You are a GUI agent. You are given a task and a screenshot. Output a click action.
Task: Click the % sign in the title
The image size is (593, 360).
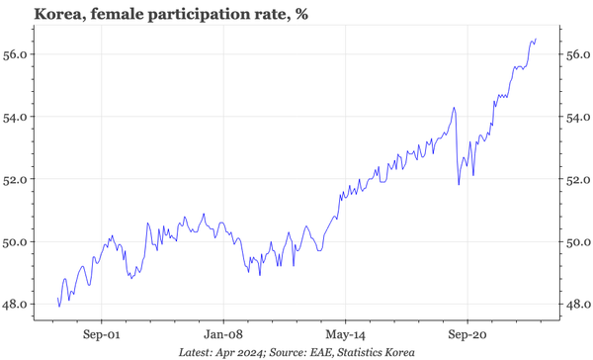point(296,14)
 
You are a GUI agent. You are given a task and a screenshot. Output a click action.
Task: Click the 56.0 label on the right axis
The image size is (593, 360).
point(577,54)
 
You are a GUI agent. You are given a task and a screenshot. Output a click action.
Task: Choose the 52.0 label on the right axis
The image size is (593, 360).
point(577,179)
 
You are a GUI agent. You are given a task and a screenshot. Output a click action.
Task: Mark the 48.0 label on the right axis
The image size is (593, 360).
point(577,304)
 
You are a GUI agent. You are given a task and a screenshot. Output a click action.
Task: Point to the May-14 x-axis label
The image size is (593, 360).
point(345,334)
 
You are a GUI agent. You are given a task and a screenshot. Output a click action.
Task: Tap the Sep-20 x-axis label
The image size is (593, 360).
point(467,334)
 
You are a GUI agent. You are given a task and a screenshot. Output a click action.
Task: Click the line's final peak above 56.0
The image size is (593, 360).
point(536,40)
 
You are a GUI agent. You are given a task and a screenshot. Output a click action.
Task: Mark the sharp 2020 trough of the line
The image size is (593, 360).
point(459,184)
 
